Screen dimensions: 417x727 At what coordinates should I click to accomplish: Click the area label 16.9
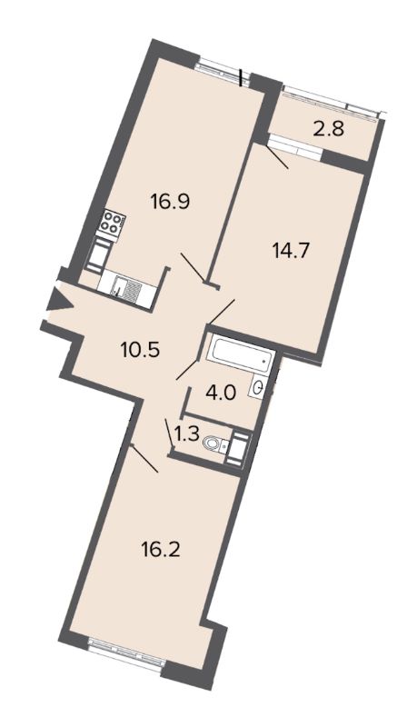coord(171,202)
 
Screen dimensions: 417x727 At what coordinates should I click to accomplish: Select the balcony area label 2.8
coord(328,129)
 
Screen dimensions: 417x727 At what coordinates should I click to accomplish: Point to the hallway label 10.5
coord(140,349)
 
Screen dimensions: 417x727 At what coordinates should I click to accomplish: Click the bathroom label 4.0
coord(221,394)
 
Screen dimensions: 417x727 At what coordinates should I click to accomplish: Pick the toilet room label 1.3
coord(187,434)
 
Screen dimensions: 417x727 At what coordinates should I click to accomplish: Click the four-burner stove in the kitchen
coord(113,222)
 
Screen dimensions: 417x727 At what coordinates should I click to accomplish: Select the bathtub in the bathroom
coord(241,354)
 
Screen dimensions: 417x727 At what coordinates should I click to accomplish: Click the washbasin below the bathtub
coord(258,386)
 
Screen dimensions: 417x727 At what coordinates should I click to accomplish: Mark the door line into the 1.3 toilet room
coord(169,433)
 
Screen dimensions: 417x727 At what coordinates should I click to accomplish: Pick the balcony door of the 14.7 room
coord(295,148)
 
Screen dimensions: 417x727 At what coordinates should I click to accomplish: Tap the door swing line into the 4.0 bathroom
coord(187,369)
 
